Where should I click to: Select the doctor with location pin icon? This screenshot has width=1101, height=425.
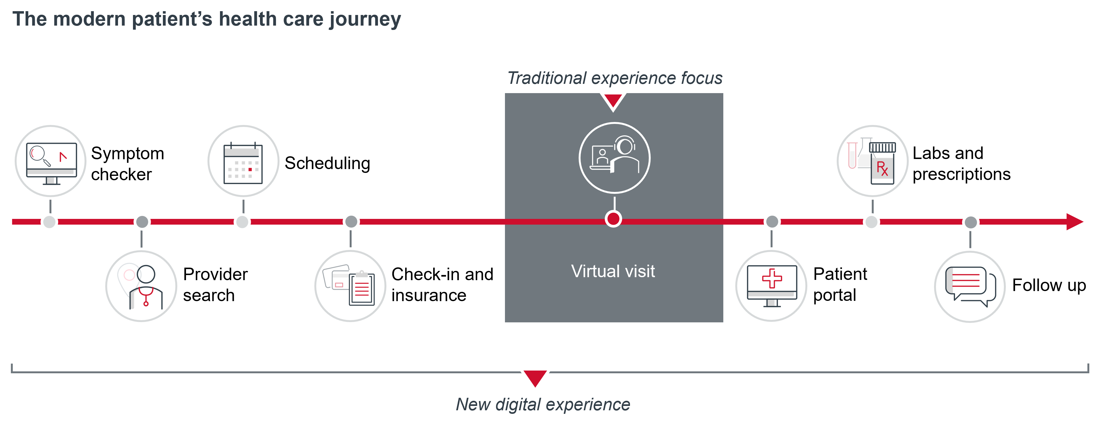click(141, 286)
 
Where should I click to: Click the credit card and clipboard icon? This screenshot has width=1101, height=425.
click(350, 286)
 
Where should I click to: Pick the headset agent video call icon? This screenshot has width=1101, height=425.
click(614, 158)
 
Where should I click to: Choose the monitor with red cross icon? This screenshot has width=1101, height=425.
click(771, 286)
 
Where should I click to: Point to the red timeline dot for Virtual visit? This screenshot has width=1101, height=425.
click(613, 219)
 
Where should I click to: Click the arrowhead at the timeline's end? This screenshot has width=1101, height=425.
click(1075, 222)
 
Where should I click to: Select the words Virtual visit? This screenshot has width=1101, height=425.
click(613, 271)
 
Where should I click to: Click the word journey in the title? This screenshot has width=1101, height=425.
click(365, 20)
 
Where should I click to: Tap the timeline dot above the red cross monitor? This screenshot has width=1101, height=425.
click(772, 222)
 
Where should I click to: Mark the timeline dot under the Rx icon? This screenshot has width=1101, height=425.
click(872, 222)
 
